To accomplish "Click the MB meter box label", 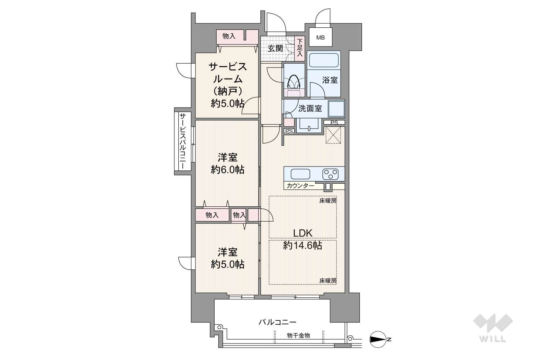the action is (320, 38).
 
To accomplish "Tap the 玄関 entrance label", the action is (276, 48).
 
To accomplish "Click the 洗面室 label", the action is (310, 108).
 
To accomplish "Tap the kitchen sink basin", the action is (300, 174).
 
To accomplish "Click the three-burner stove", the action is (330, 174).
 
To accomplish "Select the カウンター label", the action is (301, 186).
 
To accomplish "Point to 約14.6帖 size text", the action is (303, 246).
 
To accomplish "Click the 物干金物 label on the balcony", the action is (298, 335).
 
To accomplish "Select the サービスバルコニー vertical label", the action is (183, 141).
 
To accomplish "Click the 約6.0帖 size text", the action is (228, 170).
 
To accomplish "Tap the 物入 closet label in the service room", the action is (229, 36).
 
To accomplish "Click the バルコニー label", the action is (278, 322).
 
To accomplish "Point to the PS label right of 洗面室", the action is (334, 123).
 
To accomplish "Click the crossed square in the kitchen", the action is (333, 135).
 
